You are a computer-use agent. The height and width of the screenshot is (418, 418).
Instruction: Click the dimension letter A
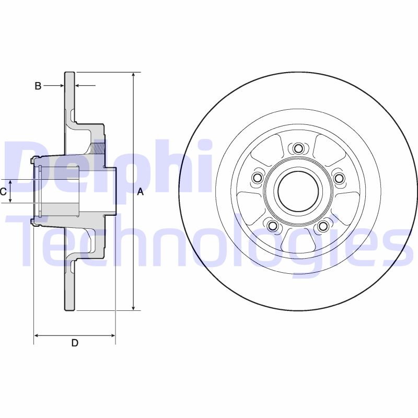tap(140, 192)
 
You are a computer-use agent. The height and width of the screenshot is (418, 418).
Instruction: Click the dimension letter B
tap(38, 86)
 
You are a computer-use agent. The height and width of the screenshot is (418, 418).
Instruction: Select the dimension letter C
tap(3, 192)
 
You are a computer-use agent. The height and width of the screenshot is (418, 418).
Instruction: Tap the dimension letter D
tap(75, 343)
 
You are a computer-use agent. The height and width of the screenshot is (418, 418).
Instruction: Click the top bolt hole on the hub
tap(298, 148)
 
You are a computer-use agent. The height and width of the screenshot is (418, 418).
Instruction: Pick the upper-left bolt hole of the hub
tap(257, 179)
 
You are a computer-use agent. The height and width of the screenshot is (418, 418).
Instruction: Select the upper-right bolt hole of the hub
tap(339, 179)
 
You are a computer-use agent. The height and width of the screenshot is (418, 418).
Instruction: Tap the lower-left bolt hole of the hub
tap(272, 226)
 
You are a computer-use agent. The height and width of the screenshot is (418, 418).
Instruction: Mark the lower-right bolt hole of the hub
tap(323, 226)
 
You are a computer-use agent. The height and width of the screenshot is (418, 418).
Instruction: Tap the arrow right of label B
tap(78, 85)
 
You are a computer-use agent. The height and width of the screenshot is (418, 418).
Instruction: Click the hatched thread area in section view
tap(98, 146)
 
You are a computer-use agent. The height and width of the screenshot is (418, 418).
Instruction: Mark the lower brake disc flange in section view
tap(69, 287)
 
